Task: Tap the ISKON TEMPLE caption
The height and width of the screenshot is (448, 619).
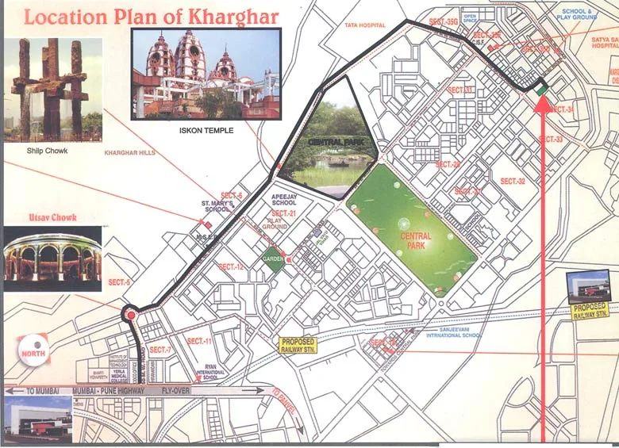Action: tap(206, 130)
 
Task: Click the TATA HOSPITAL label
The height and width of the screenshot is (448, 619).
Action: tap(364, 25)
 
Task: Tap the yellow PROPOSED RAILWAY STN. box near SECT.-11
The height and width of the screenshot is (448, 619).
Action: tap(298, 345)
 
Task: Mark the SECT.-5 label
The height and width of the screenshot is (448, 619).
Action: tap(120, 281)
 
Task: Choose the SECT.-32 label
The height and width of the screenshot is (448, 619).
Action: tap(512, 182)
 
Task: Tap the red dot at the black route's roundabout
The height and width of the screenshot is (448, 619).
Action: tap(130, 316)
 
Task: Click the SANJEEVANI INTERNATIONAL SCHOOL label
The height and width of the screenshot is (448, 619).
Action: tap(453, 332)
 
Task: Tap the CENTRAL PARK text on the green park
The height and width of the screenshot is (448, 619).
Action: tap(416, 240)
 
